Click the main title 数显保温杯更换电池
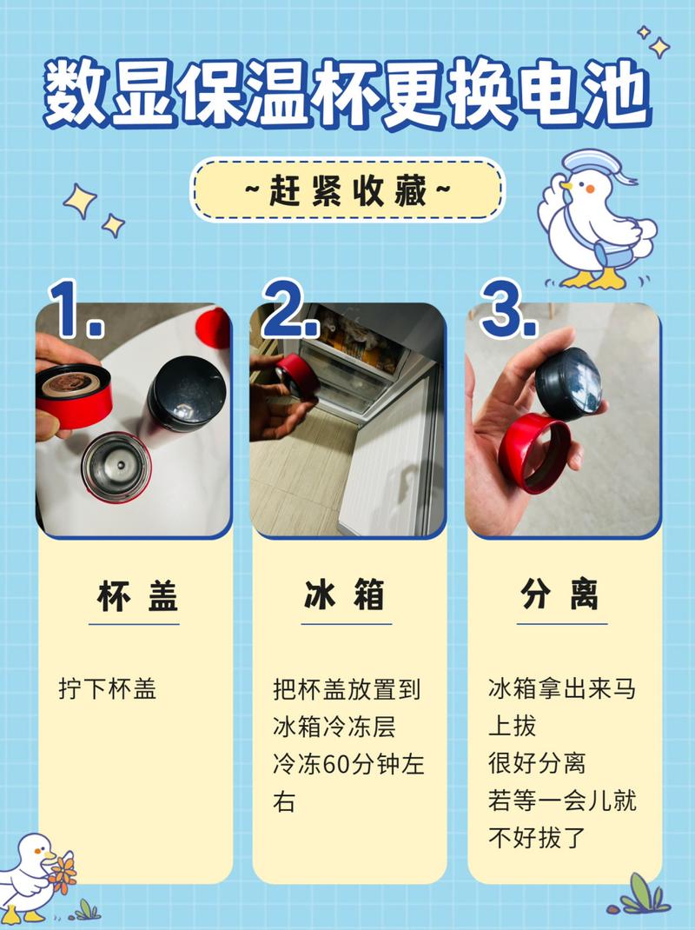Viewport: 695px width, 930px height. click(x=347, y=93)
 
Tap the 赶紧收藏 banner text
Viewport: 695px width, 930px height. click(x=348, y=191)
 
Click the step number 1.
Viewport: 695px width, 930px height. click(x=76, y=309)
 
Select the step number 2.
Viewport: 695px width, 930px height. click(x=290, y=309)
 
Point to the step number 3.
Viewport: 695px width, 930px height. click(x=509, y=309)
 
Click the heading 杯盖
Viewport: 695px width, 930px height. click(x=137, y=595)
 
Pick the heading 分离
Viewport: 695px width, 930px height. click(x=559, y=595)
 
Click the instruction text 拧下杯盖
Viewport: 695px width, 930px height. click(x=108, y=689)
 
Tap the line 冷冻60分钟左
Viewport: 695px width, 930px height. click(x=348, y=764)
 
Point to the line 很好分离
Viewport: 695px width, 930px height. click(x=537, y=763)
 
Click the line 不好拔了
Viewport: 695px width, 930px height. click(x=537, y=838)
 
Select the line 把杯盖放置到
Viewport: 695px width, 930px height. click(x=347, y=689)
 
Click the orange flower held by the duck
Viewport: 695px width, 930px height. click(x=63, y=873)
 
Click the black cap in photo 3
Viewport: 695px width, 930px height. click(x=568, y=383)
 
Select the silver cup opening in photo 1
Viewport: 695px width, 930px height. click(x=116, y=468)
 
